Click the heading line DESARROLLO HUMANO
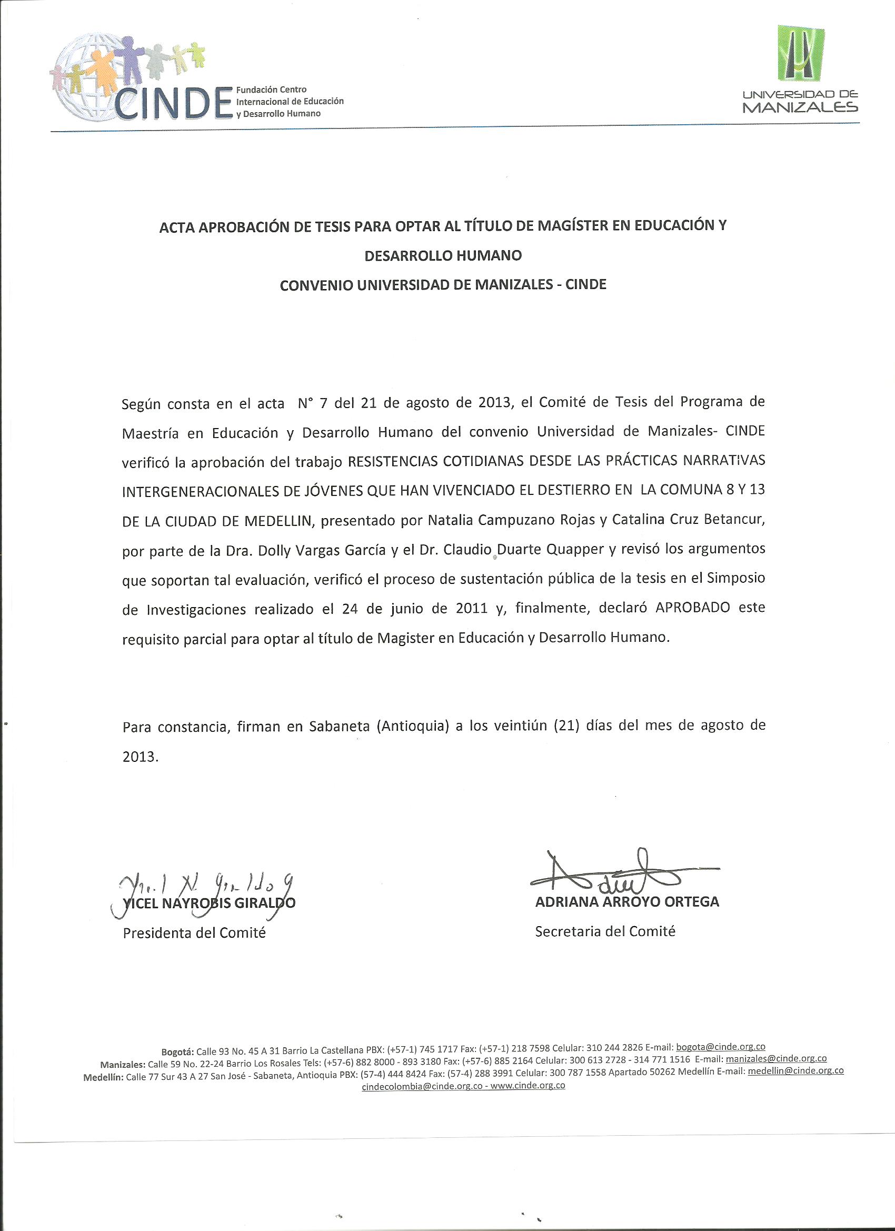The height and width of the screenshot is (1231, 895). tap(443, 255)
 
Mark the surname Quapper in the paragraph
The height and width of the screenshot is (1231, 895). tap(576, 550)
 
